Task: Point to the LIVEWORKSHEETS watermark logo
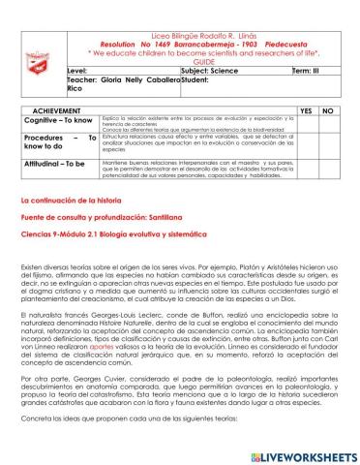304,451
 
